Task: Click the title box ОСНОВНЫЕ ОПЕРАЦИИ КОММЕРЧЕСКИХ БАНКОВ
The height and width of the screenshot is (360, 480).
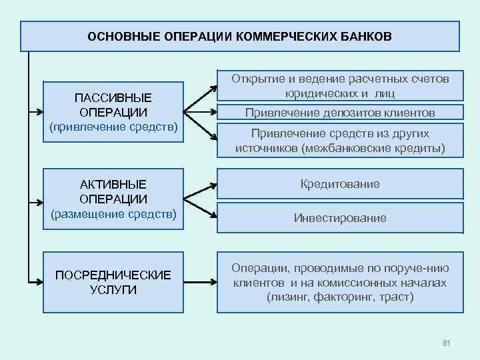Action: pos(240,36)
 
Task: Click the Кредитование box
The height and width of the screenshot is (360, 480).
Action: pos(340,184)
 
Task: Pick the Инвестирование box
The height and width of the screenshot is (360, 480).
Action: pos(340,218)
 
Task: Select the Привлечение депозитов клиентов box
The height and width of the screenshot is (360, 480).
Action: pos(340,113)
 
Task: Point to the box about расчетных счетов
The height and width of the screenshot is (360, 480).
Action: pos(340,86)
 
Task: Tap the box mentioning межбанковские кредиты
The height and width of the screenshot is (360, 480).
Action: pos(340,140)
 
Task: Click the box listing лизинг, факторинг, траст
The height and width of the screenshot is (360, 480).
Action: pos(340,282)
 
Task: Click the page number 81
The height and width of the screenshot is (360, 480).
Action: pos(447,343)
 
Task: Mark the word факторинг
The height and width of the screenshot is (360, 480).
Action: pos(339,297)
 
